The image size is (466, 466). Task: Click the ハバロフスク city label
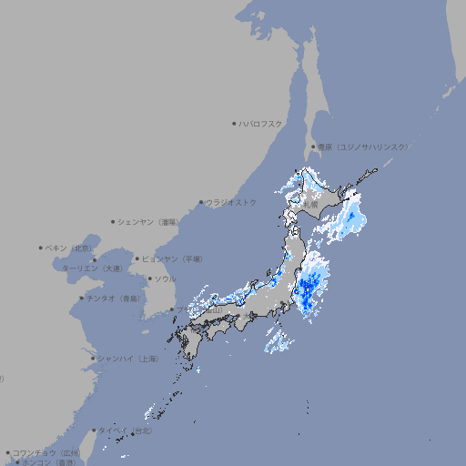[x=262, y=123]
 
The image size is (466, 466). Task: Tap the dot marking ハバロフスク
[x=234, y=123]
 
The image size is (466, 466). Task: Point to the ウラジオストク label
[x=231, y=202]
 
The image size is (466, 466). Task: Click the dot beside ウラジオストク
[x=201, y=202]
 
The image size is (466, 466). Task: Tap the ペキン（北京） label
[x=69, y=248]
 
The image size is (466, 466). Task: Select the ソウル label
[x=165, y=279]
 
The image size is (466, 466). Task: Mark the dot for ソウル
[x=148, y=279]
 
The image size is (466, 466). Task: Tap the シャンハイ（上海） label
[x=127, y=359]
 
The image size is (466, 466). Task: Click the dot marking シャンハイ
[x=93, y=359]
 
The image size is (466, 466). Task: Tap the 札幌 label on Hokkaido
[x=310, y=205]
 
